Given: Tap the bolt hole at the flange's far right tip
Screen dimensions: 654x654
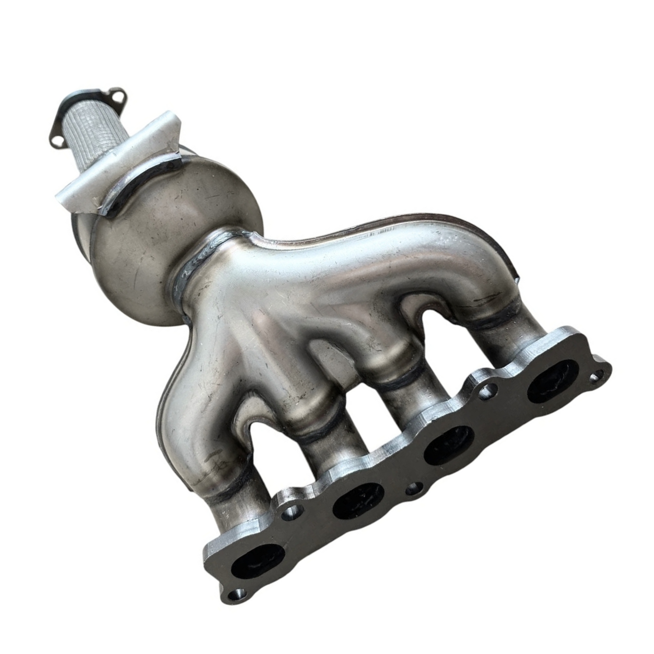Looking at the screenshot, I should [598, 375].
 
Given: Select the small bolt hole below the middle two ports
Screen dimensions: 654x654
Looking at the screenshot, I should [411, 489].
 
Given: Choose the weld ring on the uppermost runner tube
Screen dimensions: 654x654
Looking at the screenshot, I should [496, 312].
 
